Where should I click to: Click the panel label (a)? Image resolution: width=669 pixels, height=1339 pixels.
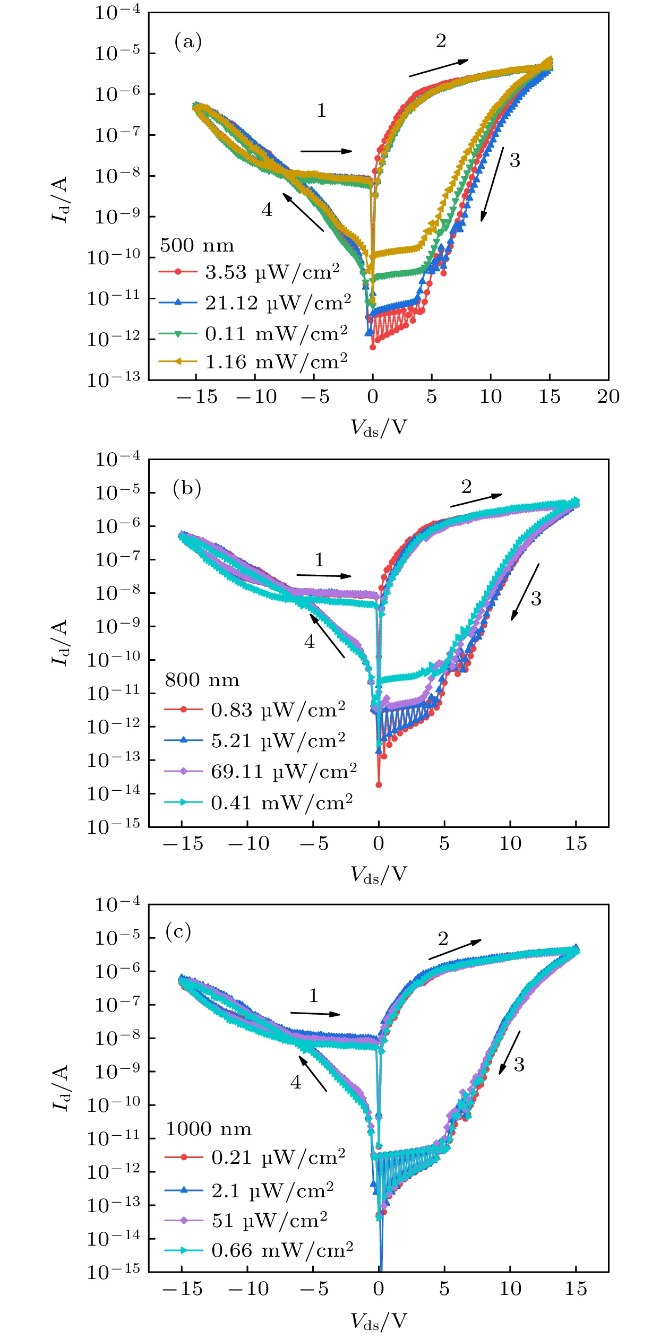click(x=188, y=41)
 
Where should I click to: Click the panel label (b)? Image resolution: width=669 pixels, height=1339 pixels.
click(x=187, y=488)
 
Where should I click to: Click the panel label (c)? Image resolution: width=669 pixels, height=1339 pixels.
click(x=178, y=931)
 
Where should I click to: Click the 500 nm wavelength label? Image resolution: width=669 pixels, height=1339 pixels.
click(x=197, y=245)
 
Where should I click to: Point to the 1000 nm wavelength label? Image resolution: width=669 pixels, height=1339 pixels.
click(x=209, y=1129)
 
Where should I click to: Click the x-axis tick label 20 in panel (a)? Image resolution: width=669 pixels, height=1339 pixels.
click(x=608, y=396)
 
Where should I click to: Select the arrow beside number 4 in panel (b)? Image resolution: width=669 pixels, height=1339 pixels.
click(x=327, y=636)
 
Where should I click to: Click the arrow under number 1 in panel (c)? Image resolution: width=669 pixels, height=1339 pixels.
click(x=315, y=1014)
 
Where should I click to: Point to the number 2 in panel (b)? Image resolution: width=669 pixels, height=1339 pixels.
click(x=466, y=487)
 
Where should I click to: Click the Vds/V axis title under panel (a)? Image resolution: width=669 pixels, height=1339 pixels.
click(x=379, y=427)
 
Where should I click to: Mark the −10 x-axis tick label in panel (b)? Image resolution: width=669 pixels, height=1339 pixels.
click(x=248, y=843)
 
